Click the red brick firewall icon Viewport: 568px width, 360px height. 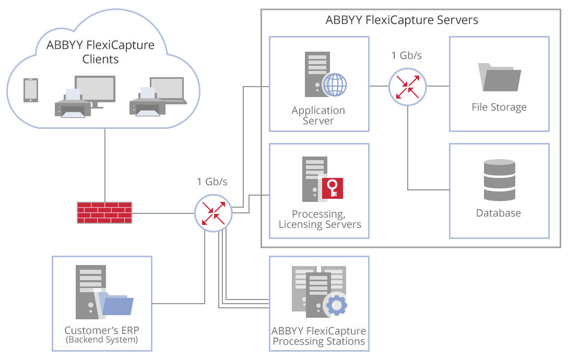104,213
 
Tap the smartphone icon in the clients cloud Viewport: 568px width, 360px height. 31,90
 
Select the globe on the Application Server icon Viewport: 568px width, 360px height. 335,84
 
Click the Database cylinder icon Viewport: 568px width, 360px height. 499,181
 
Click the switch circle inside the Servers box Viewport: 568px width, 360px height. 407,86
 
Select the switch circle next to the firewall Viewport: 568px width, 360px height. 212,213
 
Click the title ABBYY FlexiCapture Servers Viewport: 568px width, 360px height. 402,21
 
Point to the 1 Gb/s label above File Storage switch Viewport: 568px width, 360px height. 407,55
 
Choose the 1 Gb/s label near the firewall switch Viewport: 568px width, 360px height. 212,182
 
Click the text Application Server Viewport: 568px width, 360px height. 318,115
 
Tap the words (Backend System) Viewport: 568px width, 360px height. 101,341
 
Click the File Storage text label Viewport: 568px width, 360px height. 499,107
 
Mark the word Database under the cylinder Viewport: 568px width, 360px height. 499,213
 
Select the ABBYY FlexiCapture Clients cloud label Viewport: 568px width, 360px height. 101,52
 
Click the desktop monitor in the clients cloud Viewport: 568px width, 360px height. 94,90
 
